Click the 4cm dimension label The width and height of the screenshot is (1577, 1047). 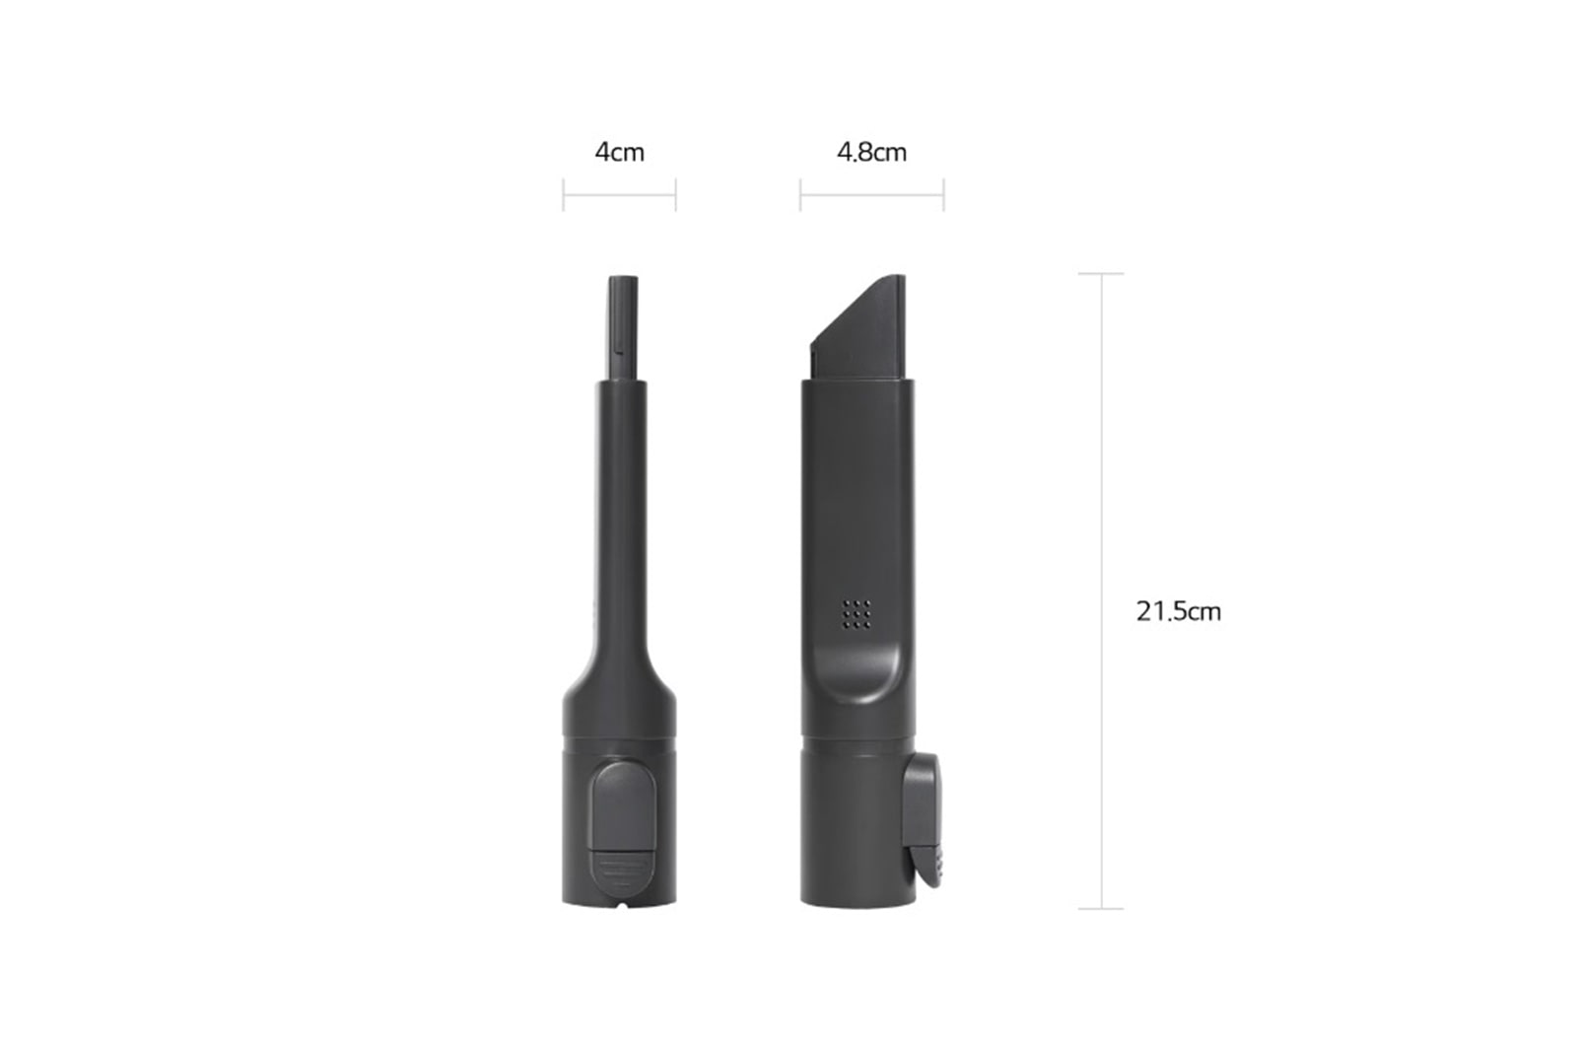click(x=619, y=153)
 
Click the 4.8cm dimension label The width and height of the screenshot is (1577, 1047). click(x=871, y=153)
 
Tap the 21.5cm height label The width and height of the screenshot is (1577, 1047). click(x=1178, y=611)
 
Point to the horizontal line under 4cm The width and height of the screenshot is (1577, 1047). click(x=619, y=194)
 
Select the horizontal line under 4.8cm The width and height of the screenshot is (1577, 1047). click(x=871, y=194)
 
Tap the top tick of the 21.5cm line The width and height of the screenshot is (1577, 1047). click(x=1101, y=273)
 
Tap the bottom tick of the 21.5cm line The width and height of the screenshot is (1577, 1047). click(x=1101, y=908)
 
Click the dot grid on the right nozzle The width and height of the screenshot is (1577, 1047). click(x=856, y=613)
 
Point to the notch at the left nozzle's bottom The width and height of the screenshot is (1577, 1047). click(x=620, y=901)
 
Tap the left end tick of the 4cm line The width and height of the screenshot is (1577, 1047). click(x=563, y=194)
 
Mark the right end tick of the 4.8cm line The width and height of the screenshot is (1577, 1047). click(x=943, y=194)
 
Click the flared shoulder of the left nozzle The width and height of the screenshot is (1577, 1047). click(x=620, y=690)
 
